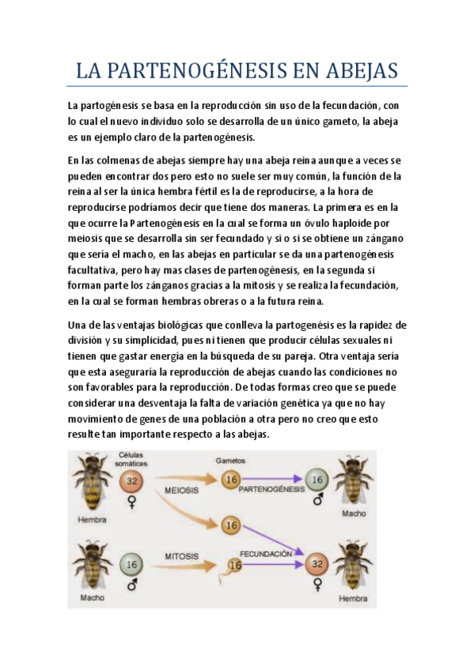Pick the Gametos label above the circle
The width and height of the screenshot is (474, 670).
point(230,459)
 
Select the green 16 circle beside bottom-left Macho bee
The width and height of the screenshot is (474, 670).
point(131,565)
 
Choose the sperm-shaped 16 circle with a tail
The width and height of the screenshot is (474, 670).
point(234,565)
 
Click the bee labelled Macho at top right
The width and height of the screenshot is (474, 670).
point(354,480)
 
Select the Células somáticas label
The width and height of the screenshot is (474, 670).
point(132,458)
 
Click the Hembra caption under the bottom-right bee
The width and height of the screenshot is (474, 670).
point(352,598)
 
